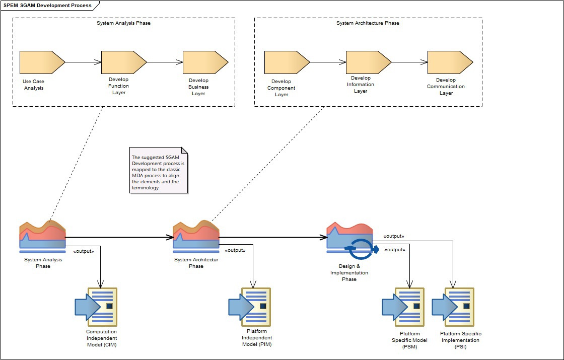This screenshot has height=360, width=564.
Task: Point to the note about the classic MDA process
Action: coord(159,172)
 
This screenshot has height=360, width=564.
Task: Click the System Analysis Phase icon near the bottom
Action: coord(43,236)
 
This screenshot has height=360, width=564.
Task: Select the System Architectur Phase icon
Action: coord(196,236)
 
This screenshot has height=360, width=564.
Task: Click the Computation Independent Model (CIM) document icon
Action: coord(97,307)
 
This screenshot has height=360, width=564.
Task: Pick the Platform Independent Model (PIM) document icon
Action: coord(250,307)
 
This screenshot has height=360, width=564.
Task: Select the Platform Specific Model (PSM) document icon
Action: coord(404,307)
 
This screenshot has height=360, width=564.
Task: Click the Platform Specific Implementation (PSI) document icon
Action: coord(454,307)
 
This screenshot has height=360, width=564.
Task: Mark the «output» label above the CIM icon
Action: coord(84,250)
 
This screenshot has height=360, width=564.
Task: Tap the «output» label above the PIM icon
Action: coord(235,250)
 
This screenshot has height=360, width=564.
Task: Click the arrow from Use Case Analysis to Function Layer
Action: coord(83,62)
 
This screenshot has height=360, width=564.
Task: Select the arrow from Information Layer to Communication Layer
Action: coord(409,62)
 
